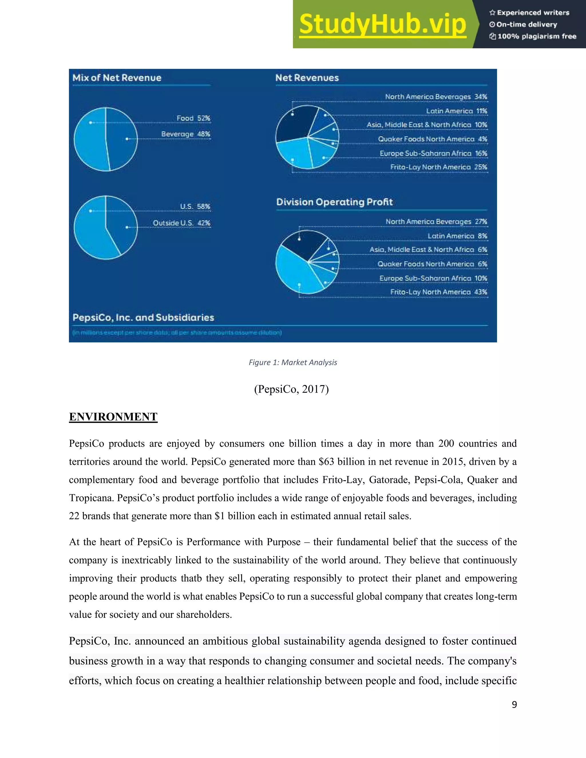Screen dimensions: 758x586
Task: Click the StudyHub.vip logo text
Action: (x=382, y=24)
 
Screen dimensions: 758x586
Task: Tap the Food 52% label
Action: (x=193, y=118)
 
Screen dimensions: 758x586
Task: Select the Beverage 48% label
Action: (x=186, y=134)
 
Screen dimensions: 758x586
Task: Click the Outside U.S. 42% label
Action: (x=182, y=223)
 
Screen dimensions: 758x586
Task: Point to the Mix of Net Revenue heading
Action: (x=117, y=78)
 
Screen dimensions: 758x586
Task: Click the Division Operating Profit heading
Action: (x=334, y=202)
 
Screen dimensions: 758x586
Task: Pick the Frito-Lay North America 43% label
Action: (x=438, y=292)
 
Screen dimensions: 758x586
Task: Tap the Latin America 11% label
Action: (x=456, y=111)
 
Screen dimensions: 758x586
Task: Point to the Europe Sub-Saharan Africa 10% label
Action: (x=433, y=278)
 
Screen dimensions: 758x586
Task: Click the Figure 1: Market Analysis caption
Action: (x=293, y=362)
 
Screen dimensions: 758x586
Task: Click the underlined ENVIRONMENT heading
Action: (x=113, y=416)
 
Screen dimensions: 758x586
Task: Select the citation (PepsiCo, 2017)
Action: (x=291, y=389)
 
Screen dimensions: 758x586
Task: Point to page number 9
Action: (x=514, y=704)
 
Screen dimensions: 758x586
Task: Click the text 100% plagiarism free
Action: (x=537, y=36)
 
